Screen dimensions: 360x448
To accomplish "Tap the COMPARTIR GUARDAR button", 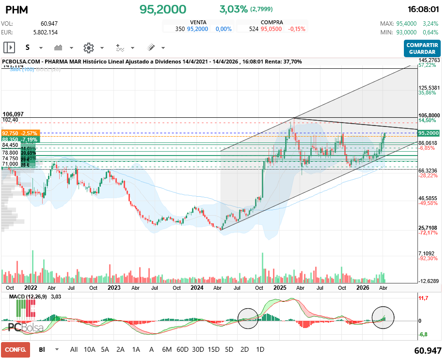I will tap(422, 48).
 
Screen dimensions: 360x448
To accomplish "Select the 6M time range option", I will tap(167, 349).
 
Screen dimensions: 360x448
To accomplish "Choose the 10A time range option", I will tap(90, 349).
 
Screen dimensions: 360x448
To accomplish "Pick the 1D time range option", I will tap(260, 349).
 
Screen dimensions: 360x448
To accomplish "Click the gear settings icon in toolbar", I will tap(88, 47).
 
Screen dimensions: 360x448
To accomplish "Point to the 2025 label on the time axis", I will tap(279, 287).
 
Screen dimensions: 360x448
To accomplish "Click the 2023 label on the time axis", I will tap(114, 287).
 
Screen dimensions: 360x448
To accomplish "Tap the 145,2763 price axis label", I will tap(429, 60).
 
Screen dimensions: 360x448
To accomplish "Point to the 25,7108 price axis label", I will tap(429, 228).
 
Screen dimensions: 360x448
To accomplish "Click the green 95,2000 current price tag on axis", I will tap(429, 133).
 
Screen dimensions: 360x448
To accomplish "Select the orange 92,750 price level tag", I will tap(19, 133).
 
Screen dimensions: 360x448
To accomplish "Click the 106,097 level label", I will tap(13, 114).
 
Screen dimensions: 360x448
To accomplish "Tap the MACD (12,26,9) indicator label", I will tap(30, 296).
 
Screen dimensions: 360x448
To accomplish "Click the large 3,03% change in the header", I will tap(233, 9).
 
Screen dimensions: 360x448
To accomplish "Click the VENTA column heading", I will tap(198, 22).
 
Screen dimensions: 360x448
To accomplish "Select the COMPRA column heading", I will tap(272, 22).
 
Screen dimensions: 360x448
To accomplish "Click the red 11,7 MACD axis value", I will tap(423, 299).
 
